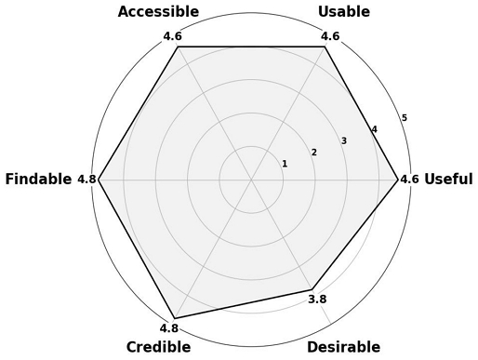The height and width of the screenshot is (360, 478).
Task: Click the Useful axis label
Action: tap(448, 180)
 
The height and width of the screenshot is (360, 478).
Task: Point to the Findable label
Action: tap(38, 180)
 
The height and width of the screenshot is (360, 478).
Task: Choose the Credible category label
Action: tap(158, 347)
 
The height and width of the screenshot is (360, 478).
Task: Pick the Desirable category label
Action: tap(343, 347)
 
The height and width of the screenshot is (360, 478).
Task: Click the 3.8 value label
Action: tap(317, 300)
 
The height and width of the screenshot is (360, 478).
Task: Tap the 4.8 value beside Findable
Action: tap(86, 180)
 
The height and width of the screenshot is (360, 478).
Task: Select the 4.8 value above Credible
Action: tap(168, 327)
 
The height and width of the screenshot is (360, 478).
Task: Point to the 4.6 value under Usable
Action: tap(330, 36)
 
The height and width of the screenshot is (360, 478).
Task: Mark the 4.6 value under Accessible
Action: tap(172, 36)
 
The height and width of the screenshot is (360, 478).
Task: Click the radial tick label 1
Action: tap(285, 165)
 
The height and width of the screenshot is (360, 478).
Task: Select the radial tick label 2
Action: tap(314, 153)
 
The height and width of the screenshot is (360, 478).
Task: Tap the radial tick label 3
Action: tap(344, 141)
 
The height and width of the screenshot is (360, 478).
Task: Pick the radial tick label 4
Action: tap(374, 129)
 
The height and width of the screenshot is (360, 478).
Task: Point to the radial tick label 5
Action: tap(404, 117)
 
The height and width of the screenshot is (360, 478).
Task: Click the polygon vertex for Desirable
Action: tap(312, 287)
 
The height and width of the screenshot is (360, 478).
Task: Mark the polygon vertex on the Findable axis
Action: tap(99, 180)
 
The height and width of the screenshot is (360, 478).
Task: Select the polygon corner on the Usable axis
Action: tap(325, 47)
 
